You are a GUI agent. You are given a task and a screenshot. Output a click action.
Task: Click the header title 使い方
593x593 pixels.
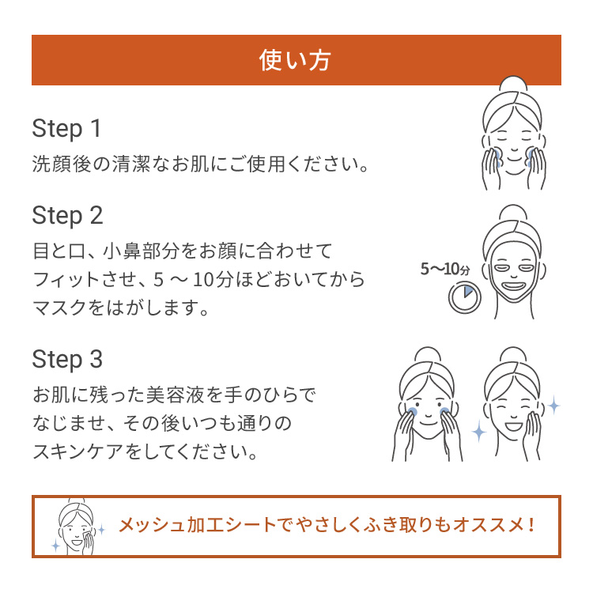[296, 60]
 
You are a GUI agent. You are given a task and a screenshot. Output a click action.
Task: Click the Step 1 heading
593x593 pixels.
[67, 128]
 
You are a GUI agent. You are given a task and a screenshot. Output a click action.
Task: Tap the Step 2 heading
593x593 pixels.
[67, 215]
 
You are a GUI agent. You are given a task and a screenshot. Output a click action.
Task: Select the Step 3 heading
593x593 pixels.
[67, 360]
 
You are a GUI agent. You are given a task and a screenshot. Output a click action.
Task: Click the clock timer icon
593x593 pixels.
[463, 297]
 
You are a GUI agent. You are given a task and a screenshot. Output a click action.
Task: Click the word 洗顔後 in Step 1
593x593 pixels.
[59, 165]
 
